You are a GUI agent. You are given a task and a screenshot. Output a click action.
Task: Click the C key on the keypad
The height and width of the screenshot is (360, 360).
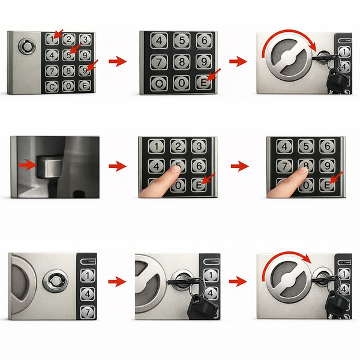[x=52, y=87]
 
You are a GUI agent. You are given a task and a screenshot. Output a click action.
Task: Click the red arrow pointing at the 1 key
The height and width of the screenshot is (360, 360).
[x=59, y=34]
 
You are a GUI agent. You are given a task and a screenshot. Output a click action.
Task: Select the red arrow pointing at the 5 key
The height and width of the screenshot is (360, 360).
[x=76, y=48]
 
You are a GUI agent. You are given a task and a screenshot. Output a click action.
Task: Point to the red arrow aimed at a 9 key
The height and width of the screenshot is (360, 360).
[x=92, y=65]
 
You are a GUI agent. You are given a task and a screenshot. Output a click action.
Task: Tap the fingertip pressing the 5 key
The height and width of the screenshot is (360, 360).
[x=176, y=169]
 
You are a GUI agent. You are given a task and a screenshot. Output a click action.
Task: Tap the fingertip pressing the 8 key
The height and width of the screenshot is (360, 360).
[x=303, y=170]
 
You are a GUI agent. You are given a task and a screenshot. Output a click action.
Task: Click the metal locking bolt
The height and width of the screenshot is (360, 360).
[x=49, y=166]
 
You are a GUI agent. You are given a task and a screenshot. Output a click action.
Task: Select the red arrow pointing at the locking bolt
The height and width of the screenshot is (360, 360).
[x=28, y=165]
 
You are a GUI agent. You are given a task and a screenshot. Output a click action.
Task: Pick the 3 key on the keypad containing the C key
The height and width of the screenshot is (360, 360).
[x=85, y=40]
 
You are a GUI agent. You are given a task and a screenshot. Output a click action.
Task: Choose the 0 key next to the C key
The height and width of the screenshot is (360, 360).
[x=68, y=86]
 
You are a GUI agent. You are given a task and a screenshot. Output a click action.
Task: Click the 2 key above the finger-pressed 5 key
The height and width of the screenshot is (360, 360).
[x=178, y=146]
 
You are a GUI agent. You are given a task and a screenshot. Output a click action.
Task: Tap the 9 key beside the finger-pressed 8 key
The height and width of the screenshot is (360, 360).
[x=327, y=166]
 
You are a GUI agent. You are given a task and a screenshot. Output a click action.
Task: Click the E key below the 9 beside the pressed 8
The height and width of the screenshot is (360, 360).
[x=327, y=185]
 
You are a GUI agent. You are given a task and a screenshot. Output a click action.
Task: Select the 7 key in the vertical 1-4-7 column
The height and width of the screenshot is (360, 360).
[x=88, y=312]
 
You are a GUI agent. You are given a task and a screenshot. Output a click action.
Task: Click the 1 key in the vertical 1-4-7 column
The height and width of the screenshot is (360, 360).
[x=88, y=275]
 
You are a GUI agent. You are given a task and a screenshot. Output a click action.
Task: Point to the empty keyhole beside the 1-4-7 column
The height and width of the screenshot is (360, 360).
[x=55, y=281]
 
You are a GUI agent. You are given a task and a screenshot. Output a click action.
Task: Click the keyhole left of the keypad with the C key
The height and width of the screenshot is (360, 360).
[x=27, y=46]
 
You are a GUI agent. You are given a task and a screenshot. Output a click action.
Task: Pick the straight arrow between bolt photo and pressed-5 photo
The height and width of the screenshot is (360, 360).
[x=118, y=166]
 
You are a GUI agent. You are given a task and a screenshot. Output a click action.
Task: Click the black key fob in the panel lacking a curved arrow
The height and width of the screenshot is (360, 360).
[x=202, y=308]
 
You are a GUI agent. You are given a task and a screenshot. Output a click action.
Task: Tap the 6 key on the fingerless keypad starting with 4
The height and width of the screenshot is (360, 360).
[x=204, y=41]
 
